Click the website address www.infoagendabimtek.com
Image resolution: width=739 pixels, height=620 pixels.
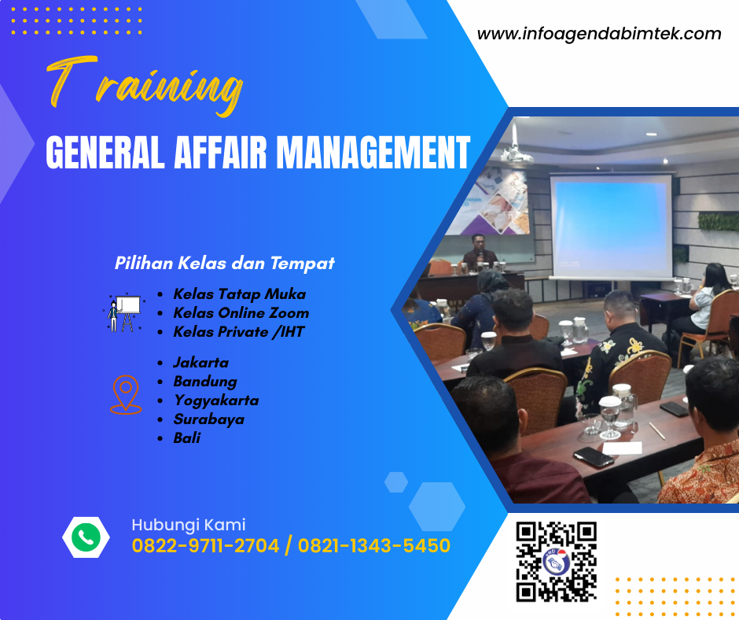pyautogui.click(x=599, y=34)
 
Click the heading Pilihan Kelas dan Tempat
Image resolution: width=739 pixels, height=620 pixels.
pyautogui.click(x=225, y=263)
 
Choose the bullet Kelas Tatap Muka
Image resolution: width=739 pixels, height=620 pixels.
pyautogui.click(x=239, y=294)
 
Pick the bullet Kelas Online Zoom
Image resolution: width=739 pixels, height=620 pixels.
pyautogui.click(x=241, y=313)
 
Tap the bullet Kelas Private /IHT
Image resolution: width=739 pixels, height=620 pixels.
pyautogui.click(x=238, y=332)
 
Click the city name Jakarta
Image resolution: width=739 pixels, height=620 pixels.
pyautogui.click(x=200, y=363)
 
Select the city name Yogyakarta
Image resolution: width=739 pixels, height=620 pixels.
pyautogui.click(x=215, y=400)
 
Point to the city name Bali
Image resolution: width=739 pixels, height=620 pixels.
pyautogui.click(x=187, y=438)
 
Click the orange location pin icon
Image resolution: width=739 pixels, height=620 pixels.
pyautogui.click(x=125, y=394)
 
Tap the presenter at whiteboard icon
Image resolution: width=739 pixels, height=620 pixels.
pyautogui.click(x=123, y=312)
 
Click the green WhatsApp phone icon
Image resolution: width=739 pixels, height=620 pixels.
pyautogui.click(x=85, y=537)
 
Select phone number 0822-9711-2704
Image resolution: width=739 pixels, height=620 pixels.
pyautogui.click(x=205, y=545)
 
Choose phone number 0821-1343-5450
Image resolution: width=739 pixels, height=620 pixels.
pyautogui.click(x=374, y=545)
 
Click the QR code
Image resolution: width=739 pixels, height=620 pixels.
pyautogui.click(x=556, y=560)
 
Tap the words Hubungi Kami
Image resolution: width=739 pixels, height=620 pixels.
pyautogui.click(x=188, y=525)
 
